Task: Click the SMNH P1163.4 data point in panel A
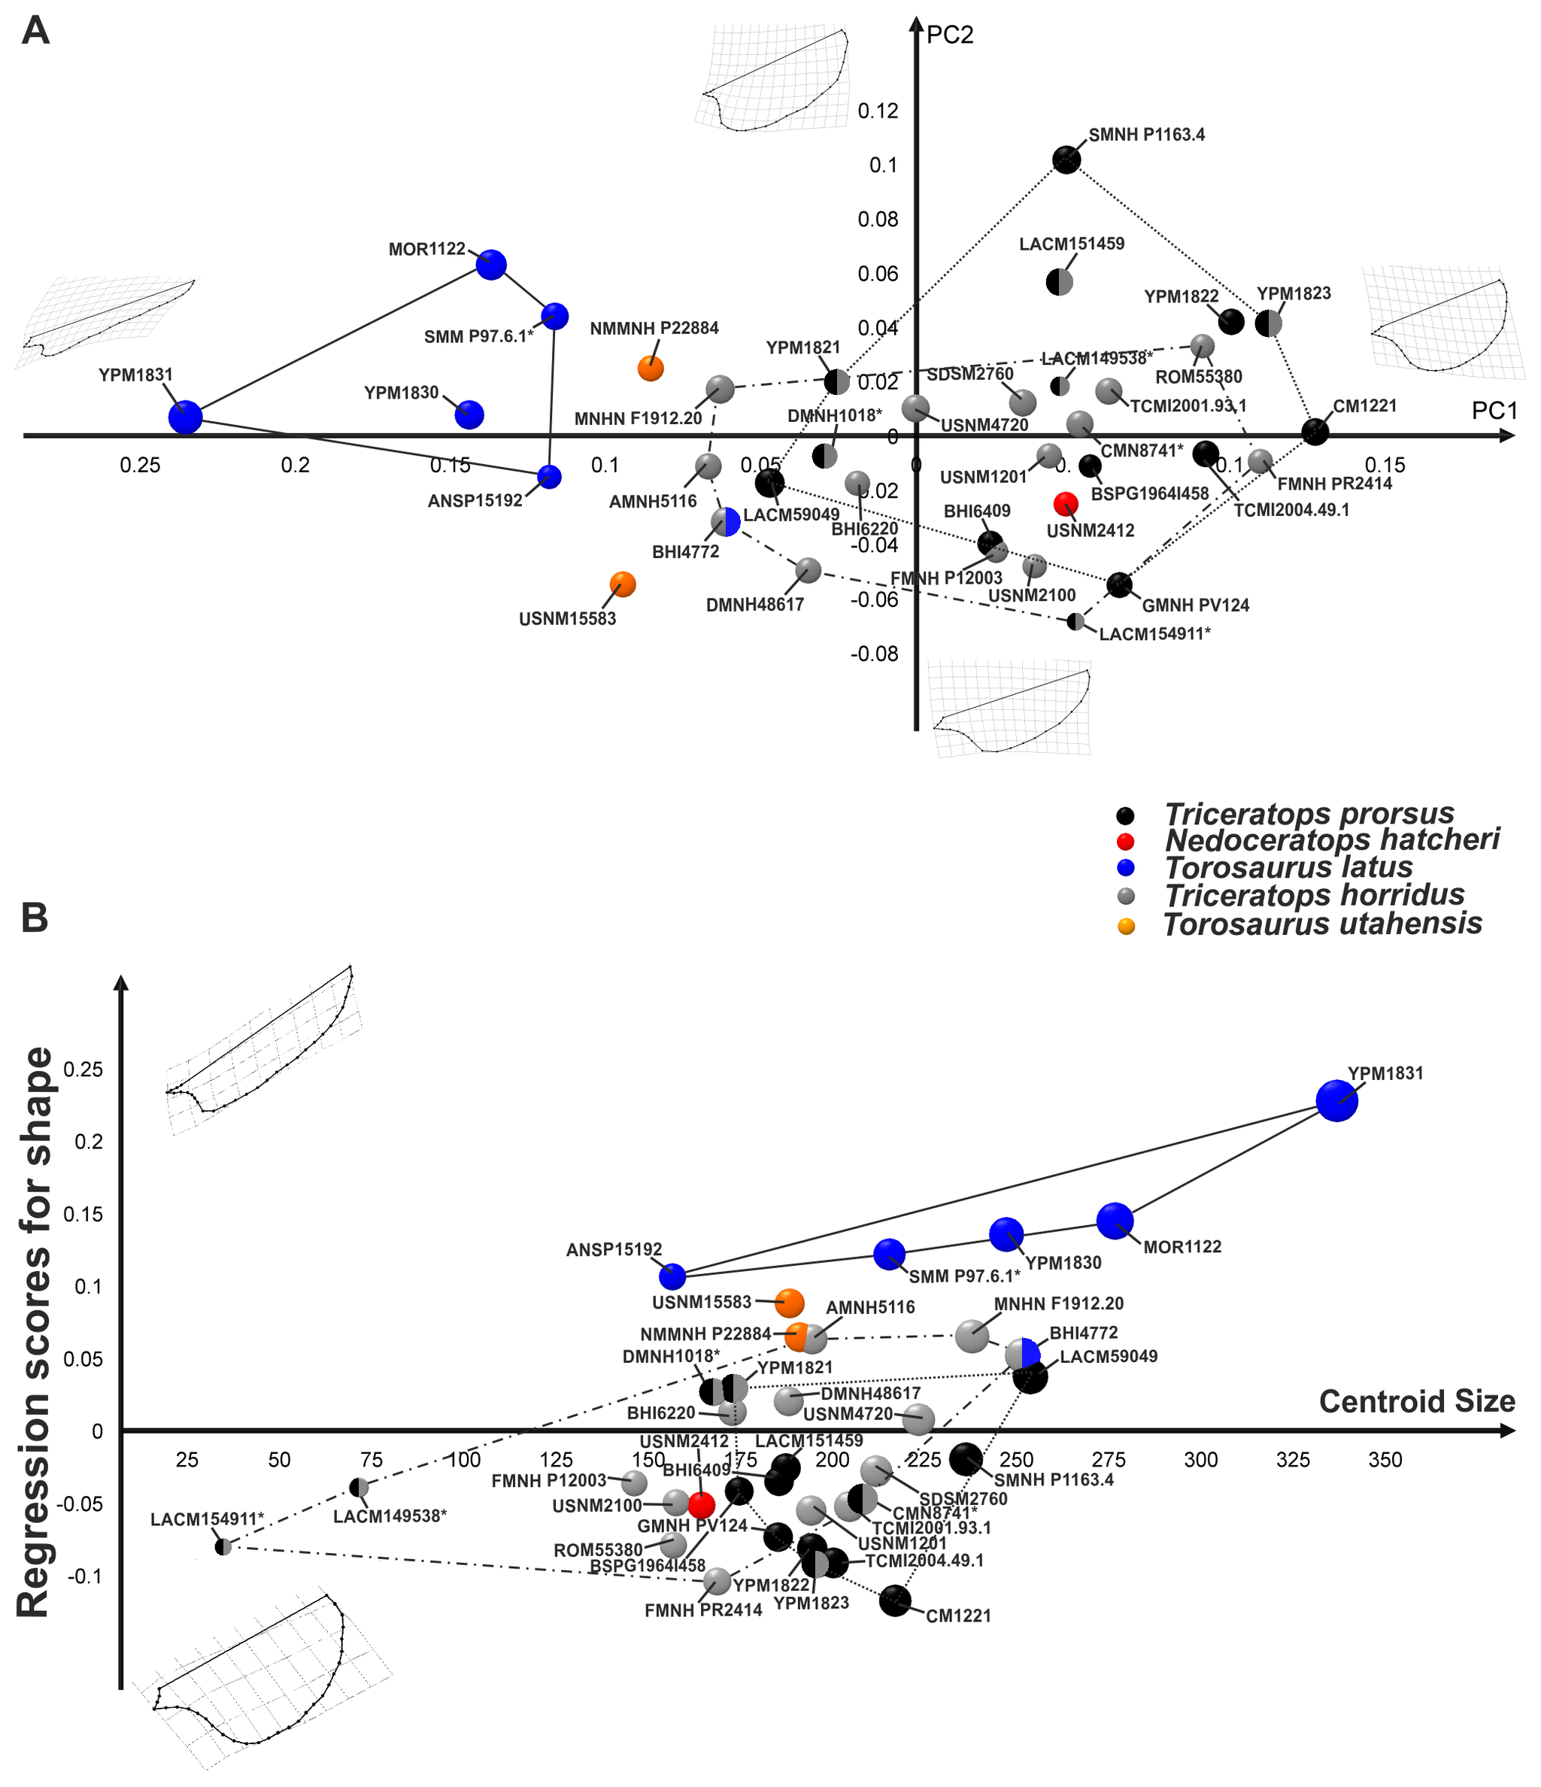(x=1066, y=159)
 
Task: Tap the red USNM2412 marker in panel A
(x=1066, y=504)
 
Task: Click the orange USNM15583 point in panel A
(x=623, y=584)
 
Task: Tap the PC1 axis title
(x=1494, y=411)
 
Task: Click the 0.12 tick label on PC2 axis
(x=878, y=111)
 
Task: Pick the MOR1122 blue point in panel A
(x=490, y=265)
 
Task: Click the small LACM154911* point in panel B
(x=223, y=1546)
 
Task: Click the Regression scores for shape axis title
(x=35, y=1333)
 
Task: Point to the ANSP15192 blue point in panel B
(x=672, y=1276)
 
